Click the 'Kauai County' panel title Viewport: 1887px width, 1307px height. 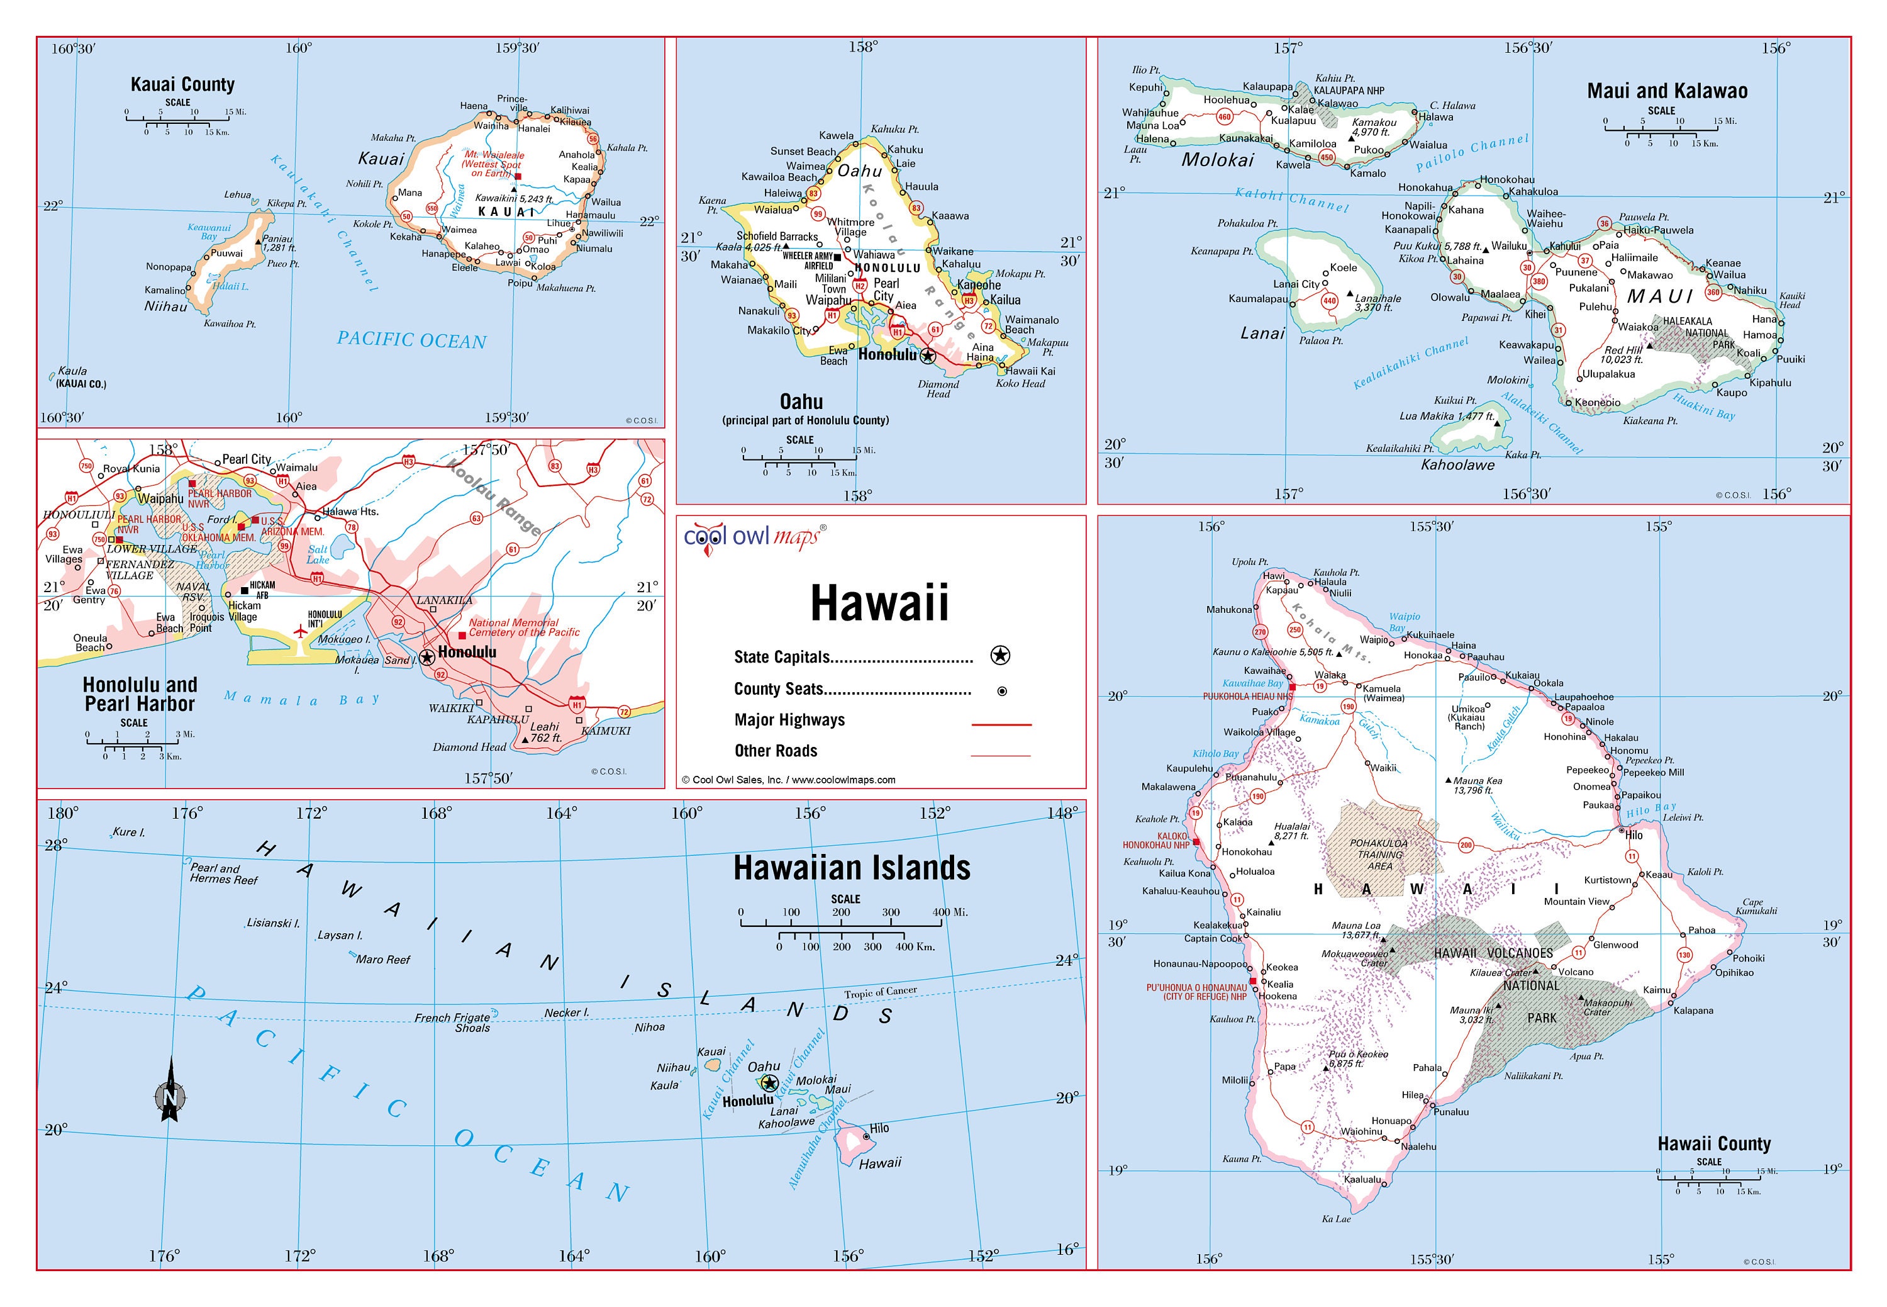click(182, 84)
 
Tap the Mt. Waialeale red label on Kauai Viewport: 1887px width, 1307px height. click(492, 164)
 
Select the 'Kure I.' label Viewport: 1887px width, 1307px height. click(128, 832)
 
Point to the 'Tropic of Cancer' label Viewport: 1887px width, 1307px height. click(880, 992)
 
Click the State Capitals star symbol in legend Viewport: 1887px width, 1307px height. click(999, 655)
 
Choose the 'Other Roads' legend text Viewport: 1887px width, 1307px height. click(776, 751)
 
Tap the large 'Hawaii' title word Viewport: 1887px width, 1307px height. click(879, 603)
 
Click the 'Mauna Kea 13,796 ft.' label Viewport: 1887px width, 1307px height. click(1478, 785)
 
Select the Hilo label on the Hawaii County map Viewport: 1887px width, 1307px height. click(1634, 835)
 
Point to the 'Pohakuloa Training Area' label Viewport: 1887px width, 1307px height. click(1379, 854)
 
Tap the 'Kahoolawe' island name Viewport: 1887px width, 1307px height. click(1457, 465)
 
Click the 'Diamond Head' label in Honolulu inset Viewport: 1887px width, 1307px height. click(469, 747)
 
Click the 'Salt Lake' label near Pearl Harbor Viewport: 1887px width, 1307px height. click(318, 554)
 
